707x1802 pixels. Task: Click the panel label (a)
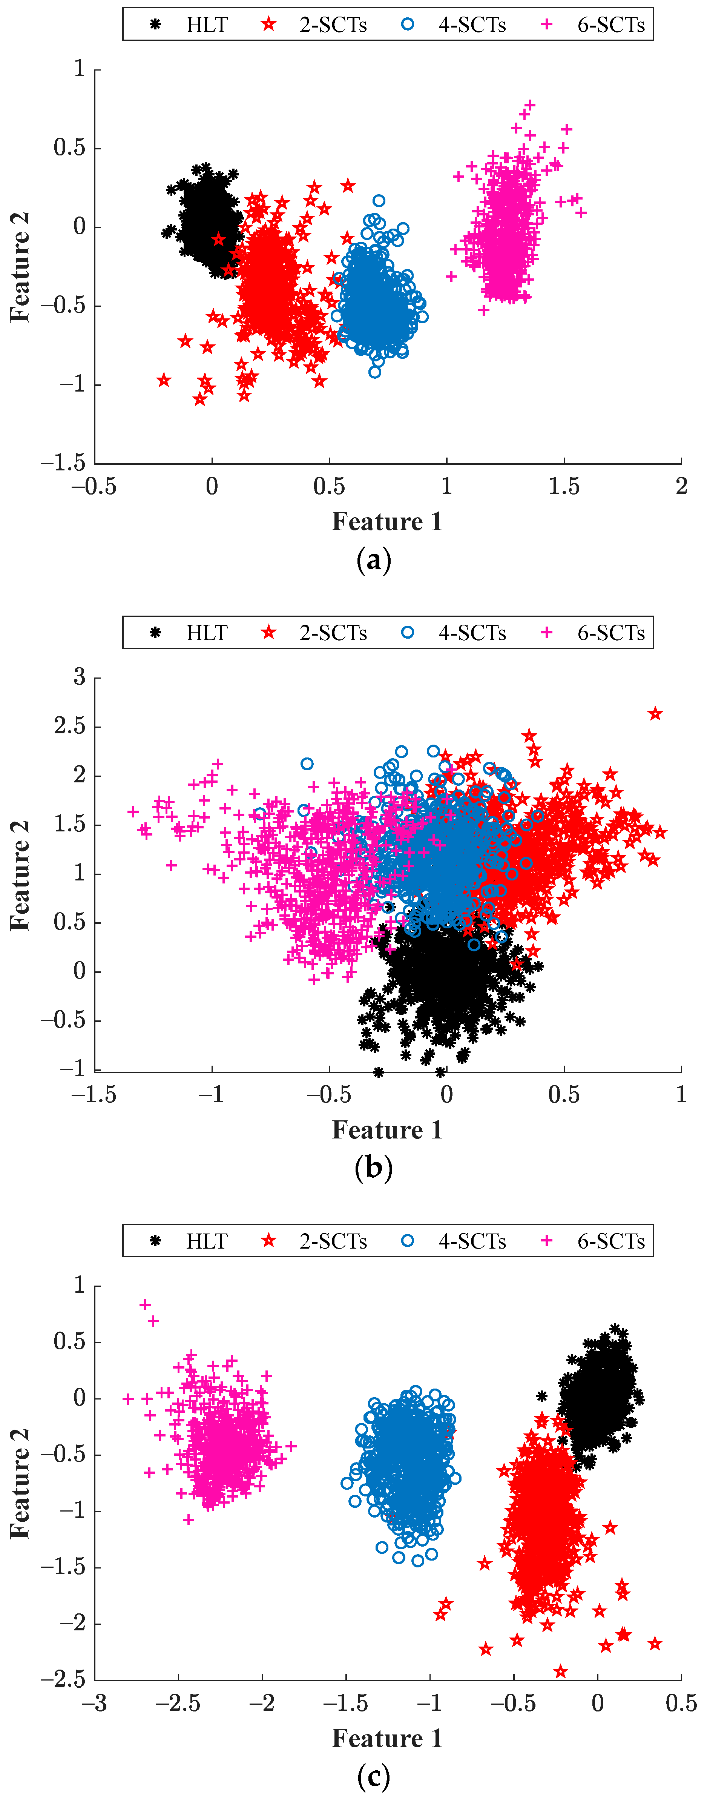(373, 560)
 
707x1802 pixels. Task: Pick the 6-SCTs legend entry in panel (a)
(594, 25)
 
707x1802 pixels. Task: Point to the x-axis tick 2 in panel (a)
(681, 486)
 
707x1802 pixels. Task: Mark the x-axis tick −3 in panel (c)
(94, 1703)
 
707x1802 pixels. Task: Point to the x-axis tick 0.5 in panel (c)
(681, 1703)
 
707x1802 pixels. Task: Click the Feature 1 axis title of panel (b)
(387, 1130)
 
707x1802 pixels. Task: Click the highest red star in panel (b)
(655, 714)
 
